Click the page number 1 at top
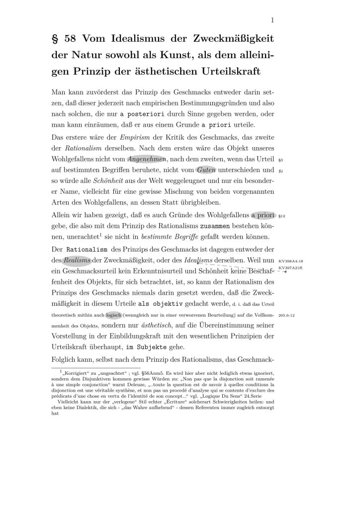(x=273, y=20)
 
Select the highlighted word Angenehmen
(x=147, y=160)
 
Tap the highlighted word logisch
(x=114, y=315)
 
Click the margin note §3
(x=280, y=161)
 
